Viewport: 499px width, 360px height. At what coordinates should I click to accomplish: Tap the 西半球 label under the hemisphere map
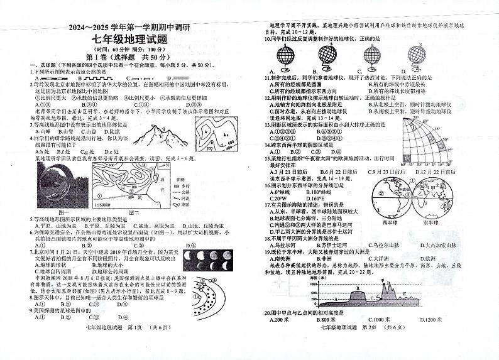point(391,221)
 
